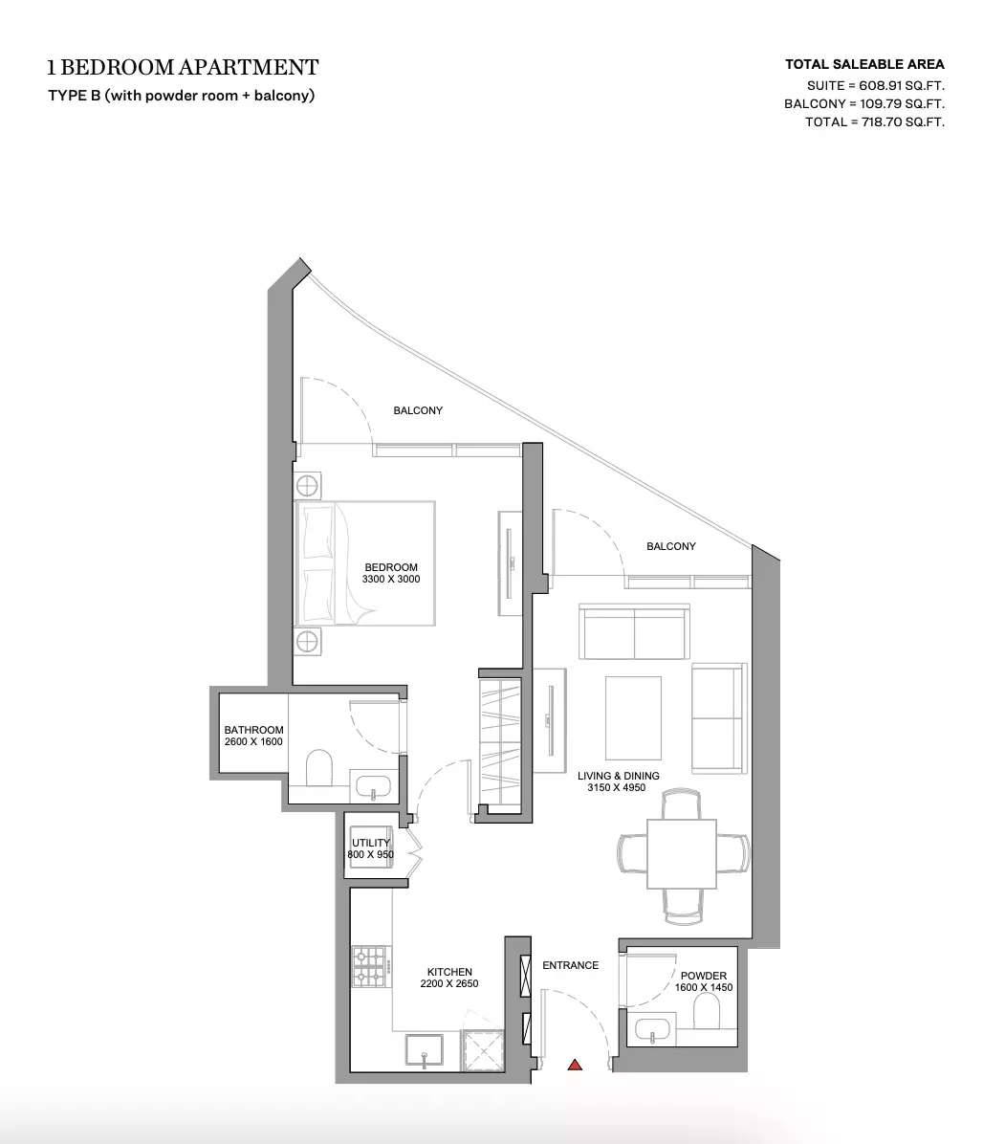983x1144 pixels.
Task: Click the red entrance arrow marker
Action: [x=575, y=1066]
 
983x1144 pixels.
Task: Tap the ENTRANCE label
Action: [x=570, y=965]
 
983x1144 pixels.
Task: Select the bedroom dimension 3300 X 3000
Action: [x=391, y=580]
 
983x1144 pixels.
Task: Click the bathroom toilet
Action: [x=318, y=768]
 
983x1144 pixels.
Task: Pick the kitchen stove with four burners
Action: [x=370, y=966]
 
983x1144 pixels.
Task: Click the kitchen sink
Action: [x=425, y=1051]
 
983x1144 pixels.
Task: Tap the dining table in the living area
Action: [x=682, y=853]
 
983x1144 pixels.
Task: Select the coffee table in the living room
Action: [x=633, y=718]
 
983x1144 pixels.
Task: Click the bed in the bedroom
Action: [x=364, y=562]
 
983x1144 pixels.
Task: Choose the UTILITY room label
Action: [x=370, y=843]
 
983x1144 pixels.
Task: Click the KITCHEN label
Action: [x=449, y=972]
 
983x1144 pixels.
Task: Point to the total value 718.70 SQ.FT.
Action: [x=903, y=121]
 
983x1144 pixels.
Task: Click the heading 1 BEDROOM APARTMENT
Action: [x=183, y=67]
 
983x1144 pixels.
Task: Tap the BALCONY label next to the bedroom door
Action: [x=418, y=410]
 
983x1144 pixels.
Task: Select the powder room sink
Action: [x=652, y=1029]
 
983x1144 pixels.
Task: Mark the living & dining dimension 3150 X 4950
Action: [x=616, y=787]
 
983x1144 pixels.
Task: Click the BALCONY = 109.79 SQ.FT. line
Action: [x=864, y=103]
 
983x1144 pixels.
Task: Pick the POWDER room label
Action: [x=703, y=976]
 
